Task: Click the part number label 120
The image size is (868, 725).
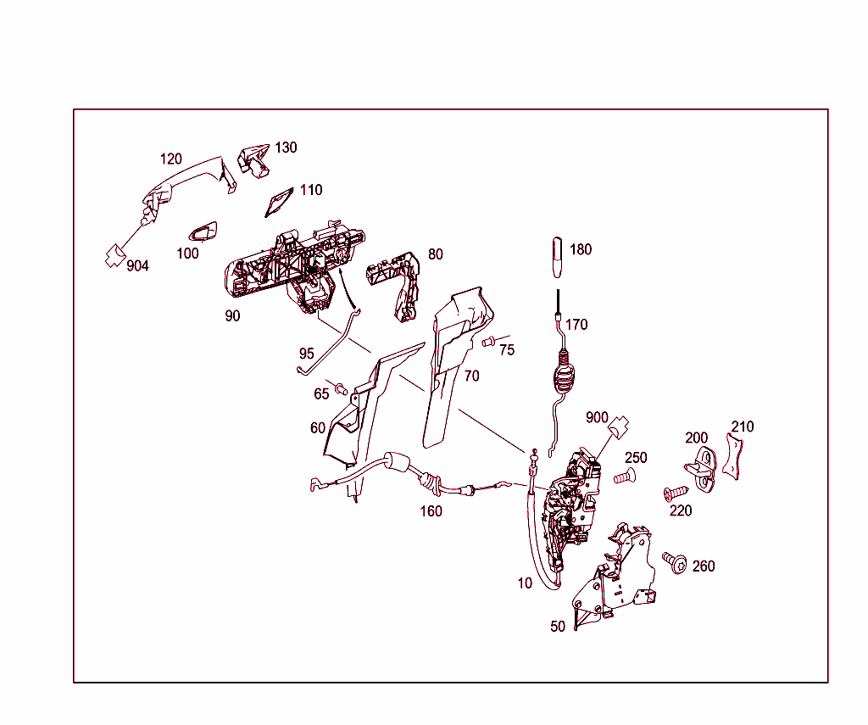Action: tap(171, 159)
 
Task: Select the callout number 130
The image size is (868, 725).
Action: tap(286, 148)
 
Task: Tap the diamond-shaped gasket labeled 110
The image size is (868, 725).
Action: tap(277, 202)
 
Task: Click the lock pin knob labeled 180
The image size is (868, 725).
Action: tap(557, 256)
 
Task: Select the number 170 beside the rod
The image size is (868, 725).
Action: tap(576, 324)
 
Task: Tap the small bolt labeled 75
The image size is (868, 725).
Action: tap(488, 342)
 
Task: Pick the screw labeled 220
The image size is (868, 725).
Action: tap(674, 493)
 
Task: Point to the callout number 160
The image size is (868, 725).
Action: tap(431, 511)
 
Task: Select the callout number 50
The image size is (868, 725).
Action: tap(558, 627)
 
